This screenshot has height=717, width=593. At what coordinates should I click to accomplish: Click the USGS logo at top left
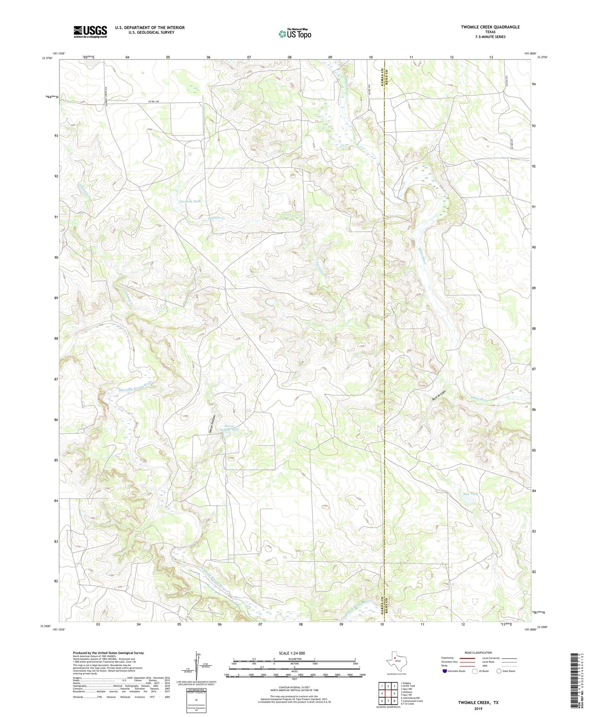pos(90,32)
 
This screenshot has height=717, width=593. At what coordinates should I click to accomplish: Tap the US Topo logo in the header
pos(295,34)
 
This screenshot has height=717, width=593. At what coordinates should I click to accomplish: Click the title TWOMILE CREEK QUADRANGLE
pos(490,27)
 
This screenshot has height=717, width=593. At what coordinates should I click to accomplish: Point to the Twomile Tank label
pos(190,201)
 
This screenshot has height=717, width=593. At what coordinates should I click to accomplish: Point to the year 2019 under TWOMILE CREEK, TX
pos(478,708)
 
